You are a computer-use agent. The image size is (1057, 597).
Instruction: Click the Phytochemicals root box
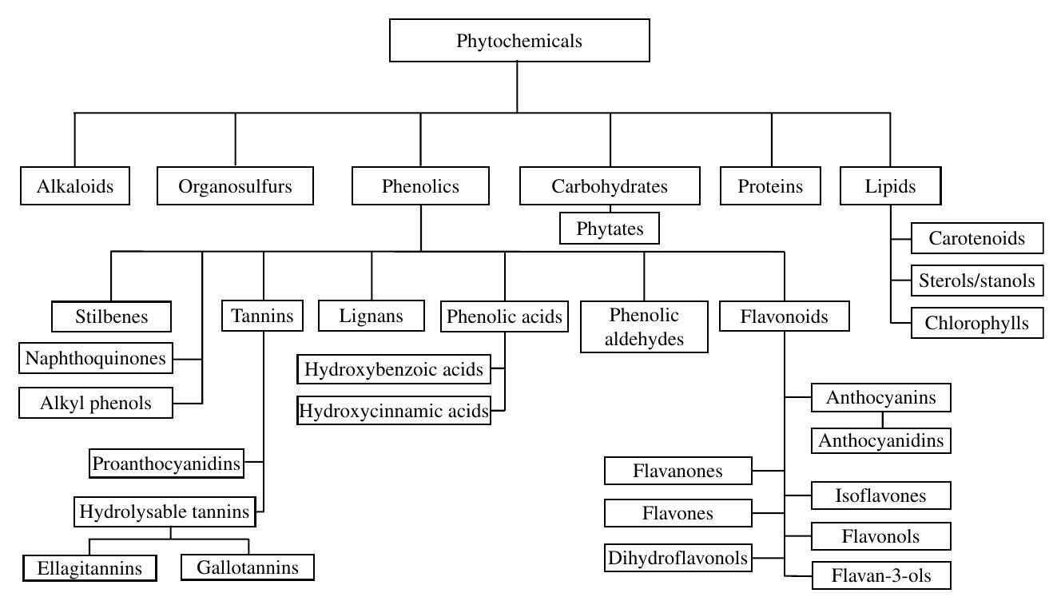tap(519, 41)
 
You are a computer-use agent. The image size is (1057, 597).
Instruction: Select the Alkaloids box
tap(75, 186)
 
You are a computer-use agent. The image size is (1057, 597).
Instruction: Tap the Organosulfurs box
tap(235, 186)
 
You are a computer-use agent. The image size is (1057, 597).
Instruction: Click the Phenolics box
tap(420, 186)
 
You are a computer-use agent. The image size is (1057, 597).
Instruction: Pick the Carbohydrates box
tap(610, 186)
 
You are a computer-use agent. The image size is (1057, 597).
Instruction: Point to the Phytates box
tap(610, 229)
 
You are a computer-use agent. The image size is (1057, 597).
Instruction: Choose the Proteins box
tap(771, 186)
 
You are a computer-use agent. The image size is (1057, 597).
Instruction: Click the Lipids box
tap(890, 186)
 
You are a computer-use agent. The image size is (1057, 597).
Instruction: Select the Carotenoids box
tap(976, 238)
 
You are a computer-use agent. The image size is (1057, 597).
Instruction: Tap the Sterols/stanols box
tap(976, 281)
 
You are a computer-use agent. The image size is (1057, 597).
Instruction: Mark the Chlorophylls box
tap(976, 324)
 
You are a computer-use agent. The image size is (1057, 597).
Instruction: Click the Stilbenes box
tap(111, 316)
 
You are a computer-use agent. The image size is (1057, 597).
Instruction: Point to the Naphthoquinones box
tap(95, 358)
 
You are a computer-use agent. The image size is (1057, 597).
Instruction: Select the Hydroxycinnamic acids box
tap(394, 412)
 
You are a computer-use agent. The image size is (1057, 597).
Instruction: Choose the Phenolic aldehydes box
tap(644, 326)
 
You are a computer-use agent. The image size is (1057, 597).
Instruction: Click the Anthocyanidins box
tap(881, 440)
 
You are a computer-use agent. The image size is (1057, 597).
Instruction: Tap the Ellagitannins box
tap(89, 567)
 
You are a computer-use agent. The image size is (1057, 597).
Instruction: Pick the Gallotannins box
tap(248, 567)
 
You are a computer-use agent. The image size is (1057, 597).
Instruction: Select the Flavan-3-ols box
tap(881, 575)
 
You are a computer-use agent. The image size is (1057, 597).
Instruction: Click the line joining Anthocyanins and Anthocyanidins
tap(882, 420)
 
